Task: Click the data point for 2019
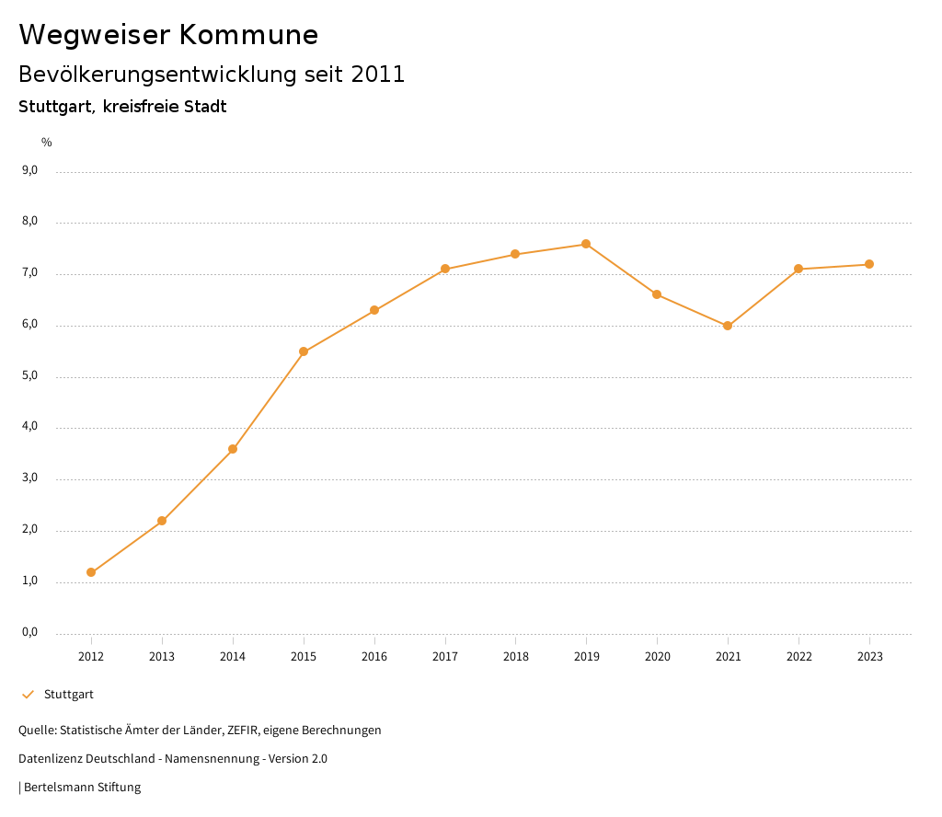[x=586, y=244]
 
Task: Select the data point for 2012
[x=91, y=572]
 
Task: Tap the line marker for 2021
[x=728, y=326]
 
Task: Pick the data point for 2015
[x=304, y=351]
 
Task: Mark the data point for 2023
[x=869, y=265]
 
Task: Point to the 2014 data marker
[x=233, y=449]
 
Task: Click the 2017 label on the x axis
[x=445, y=656]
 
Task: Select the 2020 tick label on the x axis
[x=657, y=656]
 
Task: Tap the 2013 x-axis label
[x=162, y=656]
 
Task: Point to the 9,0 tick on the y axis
[x=29, y=170]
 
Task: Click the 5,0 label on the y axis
[x=29, y=375]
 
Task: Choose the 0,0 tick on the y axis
[x=29, y=632]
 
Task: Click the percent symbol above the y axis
[x=47, y=142]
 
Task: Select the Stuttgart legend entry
[x=68, y=695]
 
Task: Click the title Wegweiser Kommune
[x=168, y=35]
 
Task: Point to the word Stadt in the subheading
[x=205, y=107]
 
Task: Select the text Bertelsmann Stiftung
[x=82, y=788]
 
